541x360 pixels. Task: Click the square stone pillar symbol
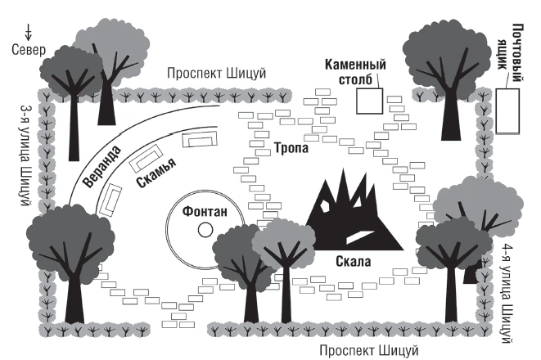tap(369, 100)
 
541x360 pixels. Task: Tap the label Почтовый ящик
tap(516, 49)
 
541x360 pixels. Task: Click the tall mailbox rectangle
tap(507, 110)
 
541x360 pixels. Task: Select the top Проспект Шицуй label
tap(219, 74)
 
